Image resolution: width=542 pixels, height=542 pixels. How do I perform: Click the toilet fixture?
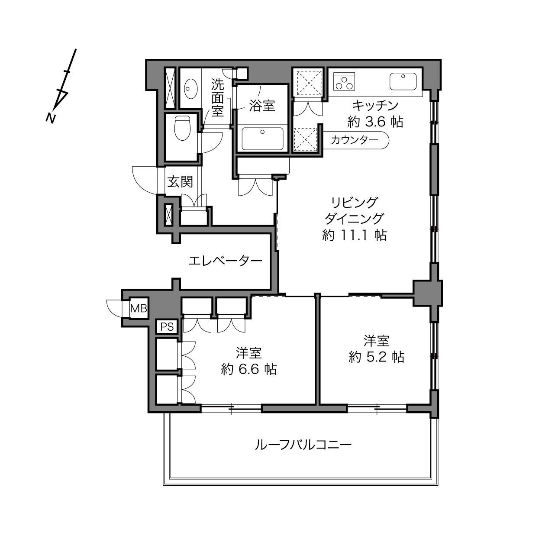coord(182,128)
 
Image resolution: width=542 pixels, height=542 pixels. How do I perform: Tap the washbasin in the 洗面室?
coord(191,89)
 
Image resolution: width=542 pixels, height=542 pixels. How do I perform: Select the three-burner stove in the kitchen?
coord(344,81)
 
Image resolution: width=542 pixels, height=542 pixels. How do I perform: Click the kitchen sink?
coord(403,81)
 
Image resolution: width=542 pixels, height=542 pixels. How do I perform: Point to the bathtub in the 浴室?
coord(262,139)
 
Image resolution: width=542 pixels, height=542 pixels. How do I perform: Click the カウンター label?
coord(355,140)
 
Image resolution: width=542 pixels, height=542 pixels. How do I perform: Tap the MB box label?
coord(139,309)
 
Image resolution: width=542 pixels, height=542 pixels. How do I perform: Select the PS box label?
coord(167,326)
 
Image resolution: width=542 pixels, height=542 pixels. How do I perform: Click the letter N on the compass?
coord(51,118)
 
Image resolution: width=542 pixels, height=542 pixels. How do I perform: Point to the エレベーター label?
coord(225,261)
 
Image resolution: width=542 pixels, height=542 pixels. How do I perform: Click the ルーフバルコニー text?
coord(303,445)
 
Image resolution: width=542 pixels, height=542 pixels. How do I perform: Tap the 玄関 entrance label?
coord(180,182)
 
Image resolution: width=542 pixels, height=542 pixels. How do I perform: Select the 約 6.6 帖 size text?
coord(249,369)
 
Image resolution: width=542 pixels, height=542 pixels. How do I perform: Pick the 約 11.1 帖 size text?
coord(355,235)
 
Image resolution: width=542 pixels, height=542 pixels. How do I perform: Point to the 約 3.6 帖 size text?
coord(375,122)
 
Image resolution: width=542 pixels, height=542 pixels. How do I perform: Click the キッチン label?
coord(375,106)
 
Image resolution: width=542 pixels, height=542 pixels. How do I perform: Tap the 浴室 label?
coord(262,106)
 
